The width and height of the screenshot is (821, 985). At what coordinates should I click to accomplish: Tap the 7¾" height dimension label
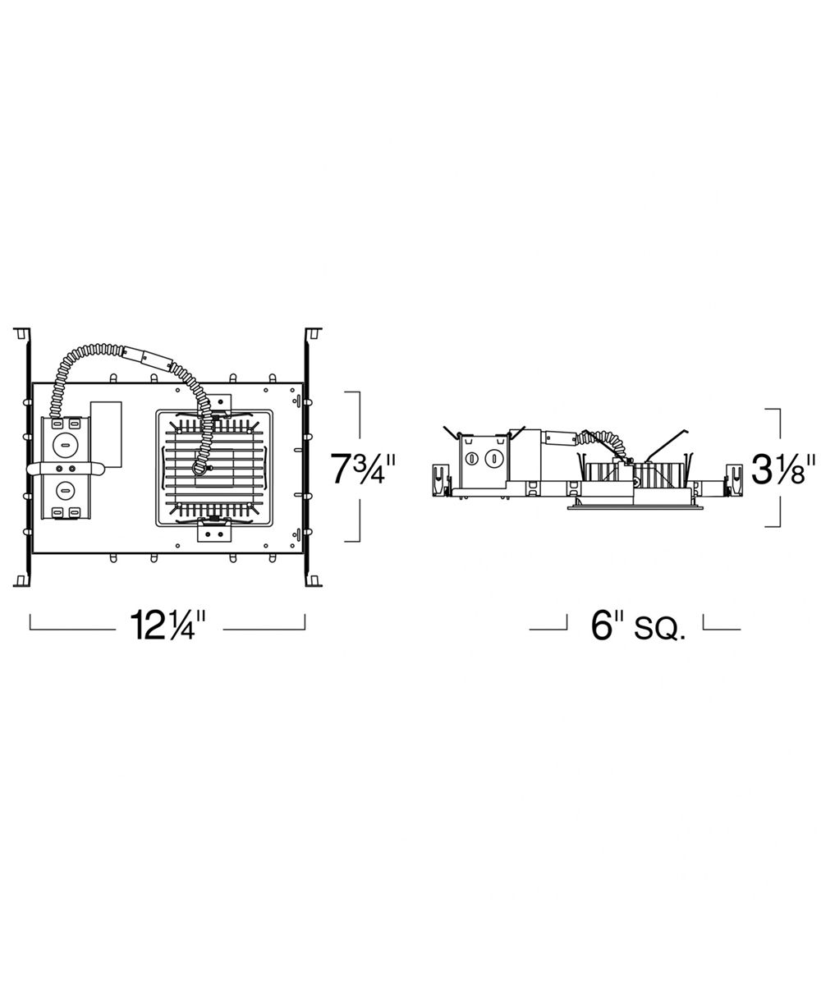(x=362, y=469)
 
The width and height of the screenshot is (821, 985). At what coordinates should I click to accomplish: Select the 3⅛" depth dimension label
(x=783, y=469)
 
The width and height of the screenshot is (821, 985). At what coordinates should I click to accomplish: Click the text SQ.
(x=660, y=628)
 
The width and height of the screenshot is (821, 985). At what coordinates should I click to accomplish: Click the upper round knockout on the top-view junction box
(x=65, y=446)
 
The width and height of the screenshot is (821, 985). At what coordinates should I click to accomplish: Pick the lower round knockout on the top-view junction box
(x=65, y=491)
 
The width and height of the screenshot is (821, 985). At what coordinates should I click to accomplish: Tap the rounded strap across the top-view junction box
(x=66, y=469)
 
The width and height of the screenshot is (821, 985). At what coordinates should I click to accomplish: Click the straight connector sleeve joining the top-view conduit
(x=147, y=357)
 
